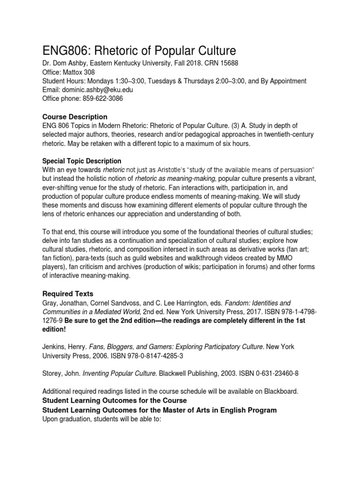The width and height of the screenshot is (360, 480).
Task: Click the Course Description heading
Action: click(75, 116)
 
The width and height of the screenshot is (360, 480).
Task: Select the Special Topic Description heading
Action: click(82, 161)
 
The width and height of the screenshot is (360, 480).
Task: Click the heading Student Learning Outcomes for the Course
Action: click(114, 400)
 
